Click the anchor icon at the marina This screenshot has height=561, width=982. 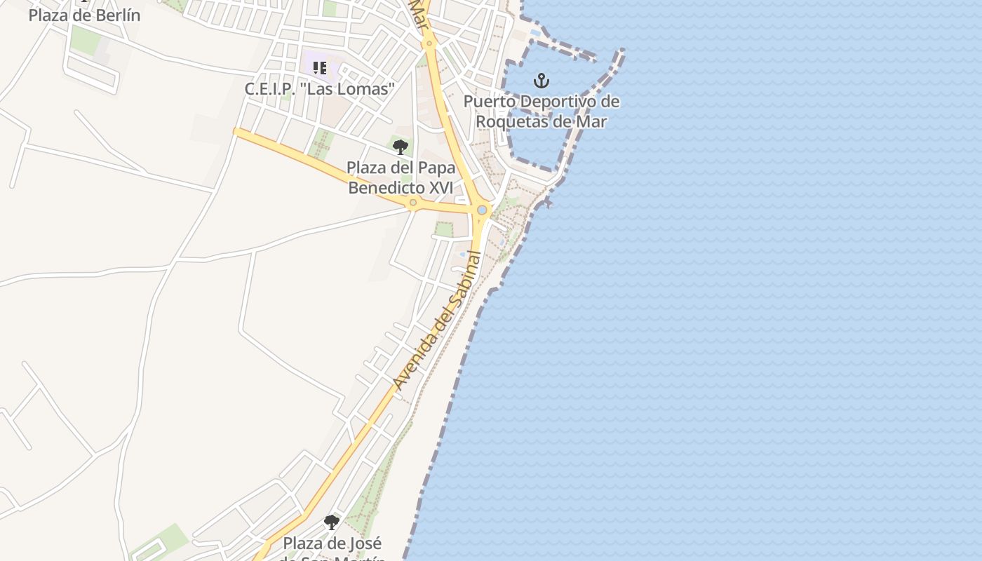pos(541,81)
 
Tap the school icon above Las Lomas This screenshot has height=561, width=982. pos(320,68)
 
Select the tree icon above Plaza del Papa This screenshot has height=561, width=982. pos(401,147)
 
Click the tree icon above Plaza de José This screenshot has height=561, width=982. pos(331,522)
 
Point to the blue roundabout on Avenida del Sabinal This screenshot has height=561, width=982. pos(482,210)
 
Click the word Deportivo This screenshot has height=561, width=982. pos(556,102)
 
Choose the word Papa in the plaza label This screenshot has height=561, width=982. pos(436,168)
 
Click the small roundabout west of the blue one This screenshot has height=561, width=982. pos(413,203)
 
